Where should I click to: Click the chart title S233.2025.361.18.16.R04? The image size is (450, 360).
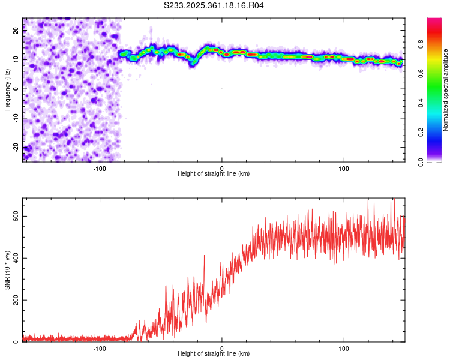tap(214, 5)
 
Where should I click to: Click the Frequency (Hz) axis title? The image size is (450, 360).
tap(7, 89)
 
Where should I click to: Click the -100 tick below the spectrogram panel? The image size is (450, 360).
tap(100, 168)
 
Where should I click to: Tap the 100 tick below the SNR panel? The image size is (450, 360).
tap(344, 349)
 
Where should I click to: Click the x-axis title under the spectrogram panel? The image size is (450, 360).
tap(214, 174)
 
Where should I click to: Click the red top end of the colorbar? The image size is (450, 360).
tap(434, 20)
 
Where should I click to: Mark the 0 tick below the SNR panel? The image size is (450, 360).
tap(222, 349)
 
